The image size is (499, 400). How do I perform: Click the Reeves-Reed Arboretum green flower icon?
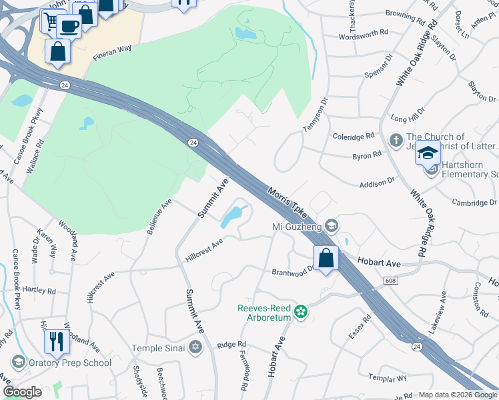(301, 311)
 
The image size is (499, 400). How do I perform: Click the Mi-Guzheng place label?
(297, 227)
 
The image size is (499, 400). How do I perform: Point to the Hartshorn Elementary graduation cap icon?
(428, 155)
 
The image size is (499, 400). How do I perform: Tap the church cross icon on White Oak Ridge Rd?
(395, 141)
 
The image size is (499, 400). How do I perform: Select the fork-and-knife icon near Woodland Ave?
(57, 341)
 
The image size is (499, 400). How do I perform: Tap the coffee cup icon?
(69, 26)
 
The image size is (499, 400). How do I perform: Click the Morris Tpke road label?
(288, 203)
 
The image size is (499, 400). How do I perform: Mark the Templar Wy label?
(388, 378)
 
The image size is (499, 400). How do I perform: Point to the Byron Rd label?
(366, 154)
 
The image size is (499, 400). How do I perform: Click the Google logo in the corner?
(22, 392)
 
